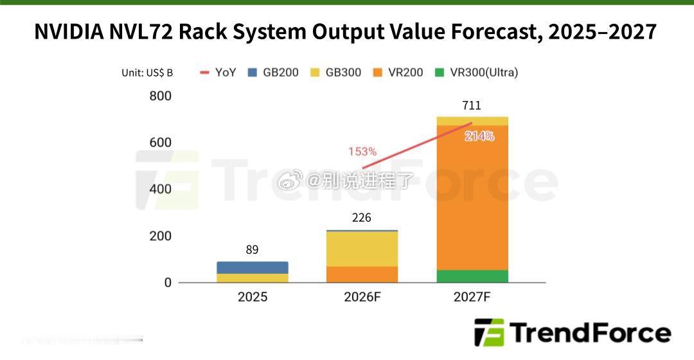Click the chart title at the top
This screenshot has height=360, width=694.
[345, 32]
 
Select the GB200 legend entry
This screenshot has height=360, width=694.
[273, 72]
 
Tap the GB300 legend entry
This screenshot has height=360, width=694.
[335, 72]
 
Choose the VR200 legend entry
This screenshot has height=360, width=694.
[398, 72]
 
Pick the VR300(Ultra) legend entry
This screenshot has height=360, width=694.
[476, 72]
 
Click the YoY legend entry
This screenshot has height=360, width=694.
[218, 72]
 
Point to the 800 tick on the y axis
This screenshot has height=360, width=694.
[160, 96]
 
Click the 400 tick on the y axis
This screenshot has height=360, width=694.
[160, 189]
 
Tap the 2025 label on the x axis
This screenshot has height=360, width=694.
[253, 296]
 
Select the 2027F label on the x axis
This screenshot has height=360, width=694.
[472, 296]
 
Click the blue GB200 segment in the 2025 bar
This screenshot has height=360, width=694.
[253, 267]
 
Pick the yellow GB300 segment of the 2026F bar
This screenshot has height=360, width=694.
[362, 249]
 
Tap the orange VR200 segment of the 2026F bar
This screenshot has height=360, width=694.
[362, 274]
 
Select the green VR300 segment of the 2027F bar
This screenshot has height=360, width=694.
[472, 276]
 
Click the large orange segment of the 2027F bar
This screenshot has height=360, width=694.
[472, 198]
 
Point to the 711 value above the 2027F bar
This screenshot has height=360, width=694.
[472, 105]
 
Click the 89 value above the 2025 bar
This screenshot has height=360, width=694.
[253, 249]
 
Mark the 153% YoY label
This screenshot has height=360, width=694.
[362, 152]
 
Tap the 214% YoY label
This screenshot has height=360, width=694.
[479, 136]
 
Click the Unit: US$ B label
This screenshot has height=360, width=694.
[147, 73]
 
